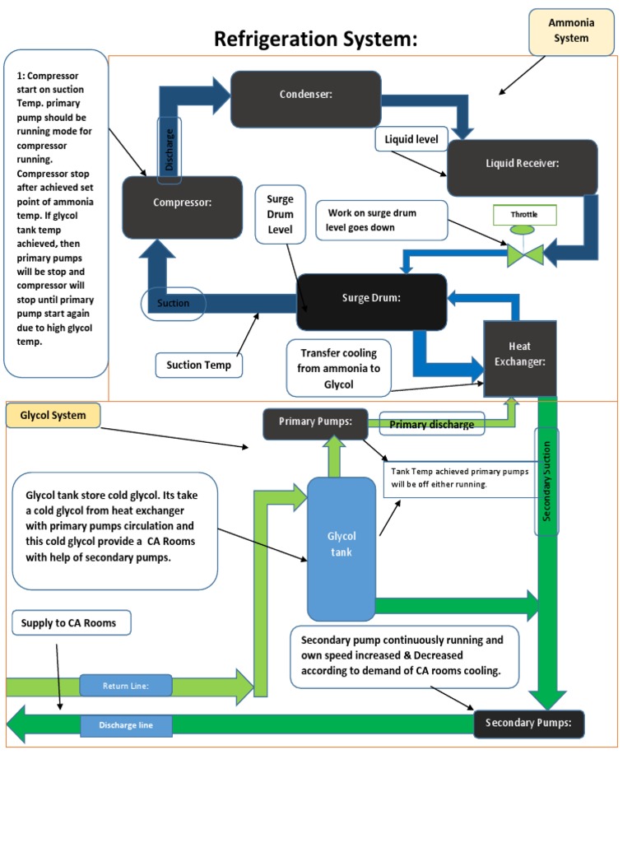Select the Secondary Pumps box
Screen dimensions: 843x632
529,724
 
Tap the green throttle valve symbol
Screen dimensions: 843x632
524,252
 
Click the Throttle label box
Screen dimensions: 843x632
524,216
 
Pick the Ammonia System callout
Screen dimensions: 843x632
570,31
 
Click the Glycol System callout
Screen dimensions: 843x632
53,416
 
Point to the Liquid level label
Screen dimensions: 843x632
411,140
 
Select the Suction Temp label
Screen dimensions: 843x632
199,365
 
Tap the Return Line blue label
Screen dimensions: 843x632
126,686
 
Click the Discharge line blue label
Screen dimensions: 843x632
126,725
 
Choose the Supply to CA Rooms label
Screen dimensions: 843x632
72,623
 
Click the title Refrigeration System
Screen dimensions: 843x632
316,39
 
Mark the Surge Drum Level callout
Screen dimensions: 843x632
281,215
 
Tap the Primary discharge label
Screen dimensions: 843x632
431,425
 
